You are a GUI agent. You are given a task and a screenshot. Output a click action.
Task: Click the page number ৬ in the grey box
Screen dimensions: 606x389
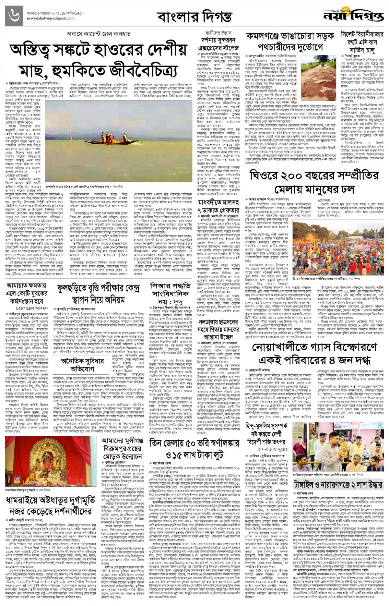tap(14, 16)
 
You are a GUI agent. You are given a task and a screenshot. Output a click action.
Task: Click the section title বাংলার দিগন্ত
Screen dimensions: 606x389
tap(194, 17)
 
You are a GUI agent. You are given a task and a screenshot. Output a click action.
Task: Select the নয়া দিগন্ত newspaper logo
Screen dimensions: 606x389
tap(353, 15)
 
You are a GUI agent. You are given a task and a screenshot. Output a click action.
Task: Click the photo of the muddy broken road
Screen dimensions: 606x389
tap(319, 76)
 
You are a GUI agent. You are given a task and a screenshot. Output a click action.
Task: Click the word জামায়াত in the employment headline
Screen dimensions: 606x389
tap(19, 286)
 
